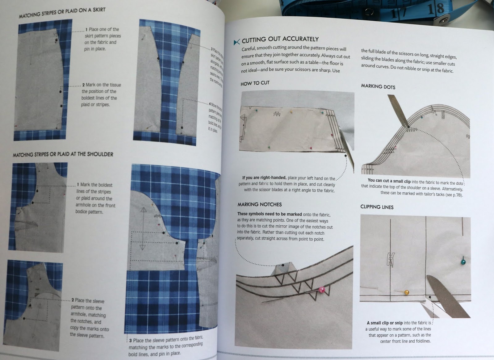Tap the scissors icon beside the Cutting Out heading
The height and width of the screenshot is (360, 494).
click(x=237, y=42)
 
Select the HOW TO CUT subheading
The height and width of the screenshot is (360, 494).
click(x=255, y=83)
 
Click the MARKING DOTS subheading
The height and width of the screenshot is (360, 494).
click(x=378, y=86)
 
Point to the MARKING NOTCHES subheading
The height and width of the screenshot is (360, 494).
click(x=259, y=204)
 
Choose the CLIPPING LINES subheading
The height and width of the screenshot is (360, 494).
click(x=377, y=207)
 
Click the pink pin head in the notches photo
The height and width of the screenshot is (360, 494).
click(x=321, y=289)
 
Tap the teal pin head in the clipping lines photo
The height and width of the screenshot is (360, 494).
click(x=463, y=262)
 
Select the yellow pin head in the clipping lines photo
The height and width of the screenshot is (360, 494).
click(x=407, y=292)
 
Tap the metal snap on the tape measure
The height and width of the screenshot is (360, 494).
click(x=443, y=21)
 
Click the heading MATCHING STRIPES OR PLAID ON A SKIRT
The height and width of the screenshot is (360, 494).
click(x=62, y=13)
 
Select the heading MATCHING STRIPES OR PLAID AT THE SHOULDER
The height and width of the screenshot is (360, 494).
click(x=63, y=154)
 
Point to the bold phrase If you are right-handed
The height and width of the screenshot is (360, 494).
click(x=264, y=178)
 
